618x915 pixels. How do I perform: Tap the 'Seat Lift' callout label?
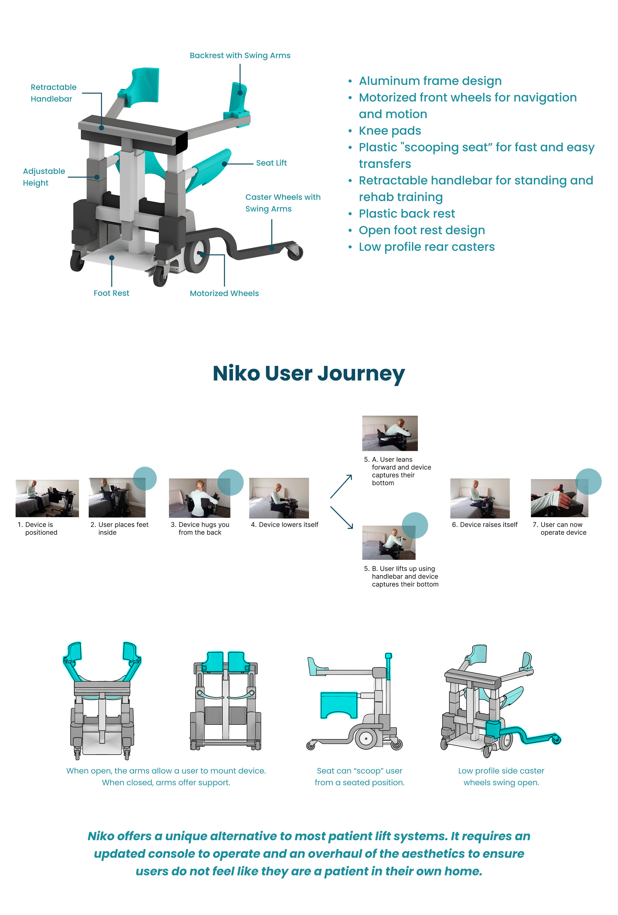point(271,163)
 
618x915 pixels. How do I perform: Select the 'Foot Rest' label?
point(111,293)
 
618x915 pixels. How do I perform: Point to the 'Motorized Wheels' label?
point(224,293)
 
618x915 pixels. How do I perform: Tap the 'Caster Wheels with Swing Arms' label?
point(282,203)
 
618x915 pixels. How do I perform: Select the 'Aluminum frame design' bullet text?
point(430,81)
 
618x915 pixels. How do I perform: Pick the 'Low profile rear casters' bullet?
point(426,247)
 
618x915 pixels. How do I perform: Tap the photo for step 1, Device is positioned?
point(47,498)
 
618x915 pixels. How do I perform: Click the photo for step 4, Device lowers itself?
point(278,498)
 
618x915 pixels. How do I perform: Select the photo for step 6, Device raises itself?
point(480,498)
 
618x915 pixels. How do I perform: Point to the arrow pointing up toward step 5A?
point(341,486)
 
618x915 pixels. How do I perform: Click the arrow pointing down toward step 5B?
point(341,517)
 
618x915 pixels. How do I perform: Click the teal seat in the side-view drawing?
point(339,705)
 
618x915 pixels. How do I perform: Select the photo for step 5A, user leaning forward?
point(390,433)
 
